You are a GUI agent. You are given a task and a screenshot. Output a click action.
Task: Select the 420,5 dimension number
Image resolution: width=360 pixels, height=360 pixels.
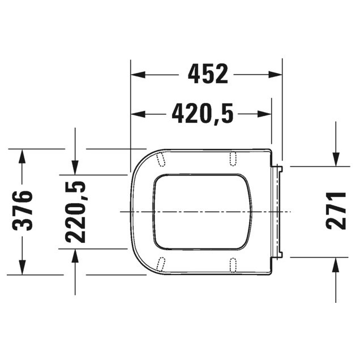(203, 114)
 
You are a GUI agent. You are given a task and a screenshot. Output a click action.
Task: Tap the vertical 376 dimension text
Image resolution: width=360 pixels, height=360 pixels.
(23, 211)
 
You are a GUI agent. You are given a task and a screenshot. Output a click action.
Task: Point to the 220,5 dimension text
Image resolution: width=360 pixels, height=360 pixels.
(75, 211)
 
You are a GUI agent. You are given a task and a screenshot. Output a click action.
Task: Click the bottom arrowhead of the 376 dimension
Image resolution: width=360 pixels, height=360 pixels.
(23, 267)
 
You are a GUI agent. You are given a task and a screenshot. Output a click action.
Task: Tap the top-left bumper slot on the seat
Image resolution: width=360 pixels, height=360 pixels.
(161, 159)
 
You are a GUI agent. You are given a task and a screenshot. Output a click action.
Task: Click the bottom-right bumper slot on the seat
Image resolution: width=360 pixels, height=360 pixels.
(233, 264)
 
